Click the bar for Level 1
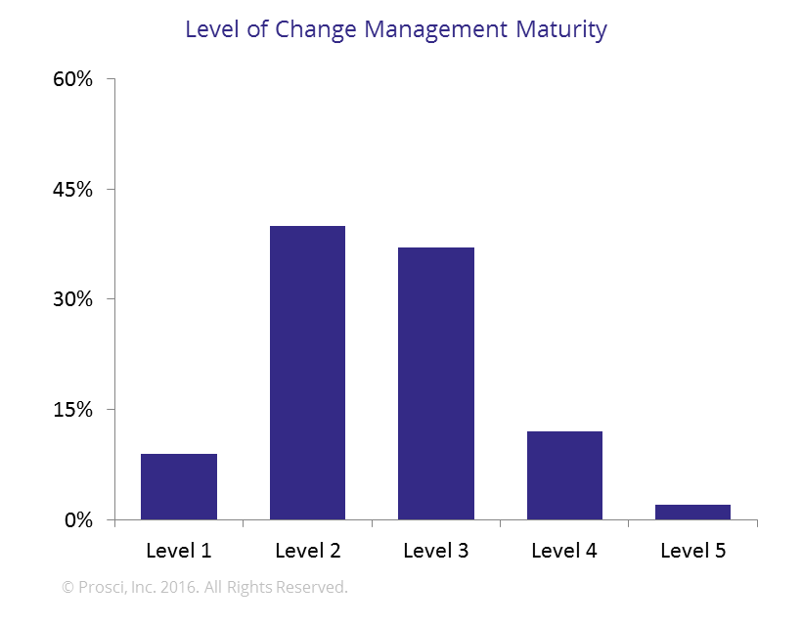coord(179,486)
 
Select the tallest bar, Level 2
coord(307,373)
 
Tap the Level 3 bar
coord(436,383)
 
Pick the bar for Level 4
coord(564,475)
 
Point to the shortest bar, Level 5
coord(692,512)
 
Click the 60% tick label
coord(73,79)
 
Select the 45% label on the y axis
coord(73,189)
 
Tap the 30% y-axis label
coord(73,299)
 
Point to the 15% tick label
coord(73,410)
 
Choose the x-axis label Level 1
coord(179,551)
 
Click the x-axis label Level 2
coord(307,551)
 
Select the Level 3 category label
coord(436,551)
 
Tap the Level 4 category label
coord(564,551)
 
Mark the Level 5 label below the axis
coord(692,551)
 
